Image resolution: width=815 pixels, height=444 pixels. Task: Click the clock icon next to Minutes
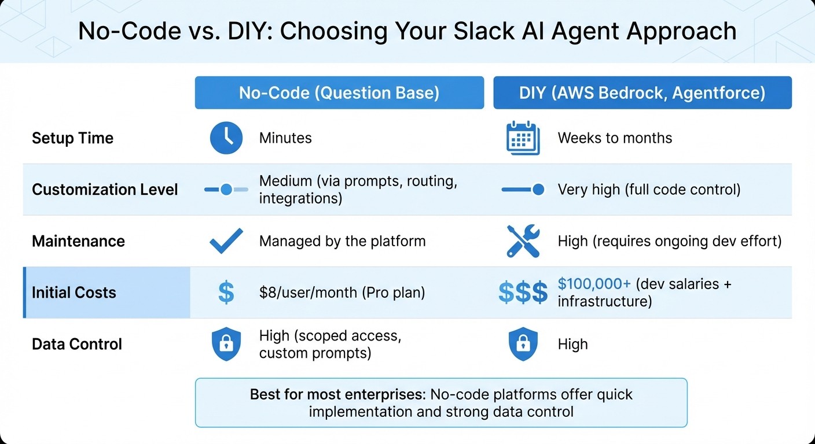click(x=226, y=138)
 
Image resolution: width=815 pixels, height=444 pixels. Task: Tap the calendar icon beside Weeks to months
click(x=523, y=138)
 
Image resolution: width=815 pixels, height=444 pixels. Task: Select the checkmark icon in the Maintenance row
click(x=226, y=241)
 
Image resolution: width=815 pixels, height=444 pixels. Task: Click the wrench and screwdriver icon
click(x=523, y=241)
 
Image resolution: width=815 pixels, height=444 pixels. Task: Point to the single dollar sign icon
click(x=226, y=293)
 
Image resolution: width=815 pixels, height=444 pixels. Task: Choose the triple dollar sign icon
click(x=523, y=293)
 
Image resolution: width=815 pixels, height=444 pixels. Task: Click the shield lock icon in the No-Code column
click(x=226, y=344)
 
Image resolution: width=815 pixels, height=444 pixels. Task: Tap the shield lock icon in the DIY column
click(x=523, y=344)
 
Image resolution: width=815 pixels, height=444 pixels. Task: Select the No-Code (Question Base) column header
click(x=339, y=92)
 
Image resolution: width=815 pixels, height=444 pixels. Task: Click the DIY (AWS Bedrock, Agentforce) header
click(x=642, y=92)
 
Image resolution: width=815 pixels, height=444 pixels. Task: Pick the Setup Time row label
click(x=72, y=138)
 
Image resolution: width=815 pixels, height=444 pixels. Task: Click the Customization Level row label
click(x=105, y=190)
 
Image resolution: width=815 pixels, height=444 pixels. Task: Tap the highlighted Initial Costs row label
click(x=74, y=293)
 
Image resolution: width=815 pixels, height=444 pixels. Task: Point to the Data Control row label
click(x=77, y=344)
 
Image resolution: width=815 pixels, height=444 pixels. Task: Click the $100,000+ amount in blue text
click(x=594, y=284)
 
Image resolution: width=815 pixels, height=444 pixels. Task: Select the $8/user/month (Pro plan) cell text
click(x=342, y=293)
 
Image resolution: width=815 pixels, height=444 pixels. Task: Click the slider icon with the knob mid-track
click(x=226, y=190)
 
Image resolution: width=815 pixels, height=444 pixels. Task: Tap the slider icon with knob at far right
click(x=523, y=190)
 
